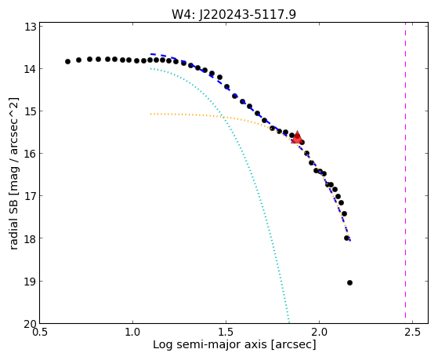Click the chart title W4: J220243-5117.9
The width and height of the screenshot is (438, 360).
(x=233, y=14)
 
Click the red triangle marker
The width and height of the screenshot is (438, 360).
(x=297, y=137)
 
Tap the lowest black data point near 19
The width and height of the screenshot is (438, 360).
(x=349, y=283)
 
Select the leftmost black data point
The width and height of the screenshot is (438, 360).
(x=67, y=61)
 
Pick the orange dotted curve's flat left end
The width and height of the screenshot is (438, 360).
(x=151, y=115)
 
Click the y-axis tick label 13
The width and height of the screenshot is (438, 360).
(x=31, y=27)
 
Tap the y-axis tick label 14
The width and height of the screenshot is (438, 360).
(x=31, y=69)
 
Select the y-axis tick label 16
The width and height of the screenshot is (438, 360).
(x=31, y=154)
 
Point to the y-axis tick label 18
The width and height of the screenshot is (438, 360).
(x=31, y=238)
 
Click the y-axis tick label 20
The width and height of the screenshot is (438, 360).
(x=31, y=323)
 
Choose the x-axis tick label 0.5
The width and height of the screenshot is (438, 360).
(x=40, y=333)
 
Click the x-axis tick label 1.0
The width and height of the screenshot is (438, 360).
(x=133, y=333)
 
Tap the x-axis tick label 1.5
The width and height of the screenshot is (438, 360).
(x=226, y=333)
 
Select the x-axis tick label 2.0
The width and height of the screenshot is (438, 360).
(x=319, y=333)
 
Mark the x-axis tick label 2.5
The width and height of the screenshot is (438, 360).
(x=412, y=333)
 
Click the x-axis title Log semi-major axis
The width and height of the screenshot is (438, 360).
(x=210, y=344)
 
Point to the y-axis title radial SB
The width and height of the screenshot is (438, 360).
(x=13, y=222)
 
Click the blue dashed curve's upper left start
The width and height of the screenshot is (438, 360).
(x=151, y=53)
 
